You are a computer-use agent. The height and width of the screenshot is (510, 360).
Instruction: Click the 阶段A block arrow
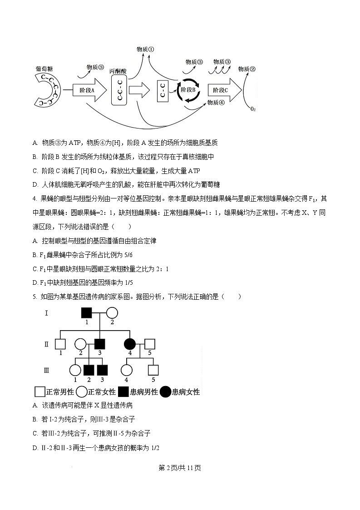point(87,90)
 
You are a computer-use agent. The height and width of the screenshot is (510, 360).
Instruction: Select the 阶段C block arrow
point(223,90)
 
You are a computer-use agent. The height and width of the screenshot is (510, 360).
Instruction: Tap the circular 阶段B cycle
point(188,90)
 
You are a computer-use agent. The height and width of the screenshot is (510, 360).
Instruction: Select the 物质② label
point(247,69)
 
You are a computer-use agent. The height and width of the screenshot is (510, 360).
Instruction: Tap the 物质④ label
point(216,103)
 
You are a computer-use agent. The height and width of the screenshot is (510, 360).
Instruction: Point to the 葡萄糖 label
point(44,68)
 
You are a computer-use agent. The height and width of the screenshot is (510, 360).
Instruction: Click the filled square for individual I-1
point(87,313)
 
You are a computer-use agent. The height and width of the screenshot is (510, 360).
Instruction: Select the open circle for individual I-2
point(112,313)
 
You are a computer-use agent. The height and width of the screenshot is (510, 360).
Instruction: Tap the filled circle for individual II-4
point(130,344)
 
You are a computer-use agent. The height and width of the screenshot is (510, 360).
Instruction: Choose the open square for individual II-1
point(60,344)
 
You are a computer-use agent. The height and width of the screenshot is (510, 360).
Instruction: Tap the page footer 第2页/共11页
point(180,468)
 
